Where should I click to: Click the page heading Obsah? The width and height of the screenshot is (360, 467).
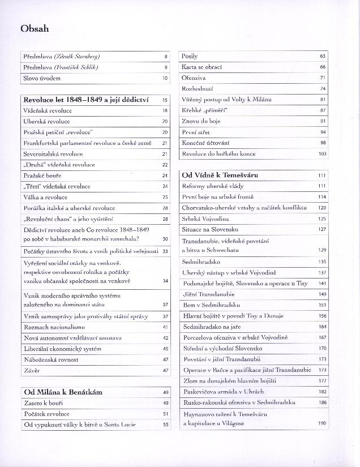point(35,28)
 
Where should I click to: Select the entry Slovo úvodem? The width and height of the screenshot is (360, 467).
point(42,78)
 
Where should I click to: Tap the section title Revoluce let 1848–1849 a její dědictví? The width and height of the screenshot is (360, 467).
point(86,100)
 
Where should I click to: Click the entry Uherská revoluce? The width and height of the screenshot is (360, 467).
point(47,121)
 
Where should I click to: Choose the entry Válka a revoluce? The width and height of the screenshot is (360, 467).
point(45,197)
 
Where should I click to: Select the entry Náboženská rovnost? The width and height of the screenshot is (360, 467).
point(52,359)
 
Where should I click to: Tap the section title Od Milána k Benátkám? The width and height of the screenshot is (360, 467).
point(63,392)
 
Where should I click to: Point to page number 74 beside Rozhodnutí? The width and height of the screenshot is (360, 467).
point(323,89)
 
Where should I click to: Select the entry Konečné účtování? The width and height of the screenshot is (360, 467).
point(206,143)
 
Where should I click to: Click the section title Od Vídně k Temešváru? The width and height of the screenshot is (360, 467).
point(220,175)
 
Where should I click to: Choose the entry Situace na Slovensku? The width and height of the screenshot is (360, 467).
point(211,229)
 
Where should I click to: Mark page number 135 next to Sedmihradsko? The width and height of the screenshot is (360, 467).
point(322,262)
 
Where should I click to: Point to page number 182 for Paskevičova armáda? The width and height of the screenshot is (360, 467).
point(322,392)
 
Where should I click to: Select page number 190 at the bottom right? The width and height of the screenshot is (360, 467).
point(322,423)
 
